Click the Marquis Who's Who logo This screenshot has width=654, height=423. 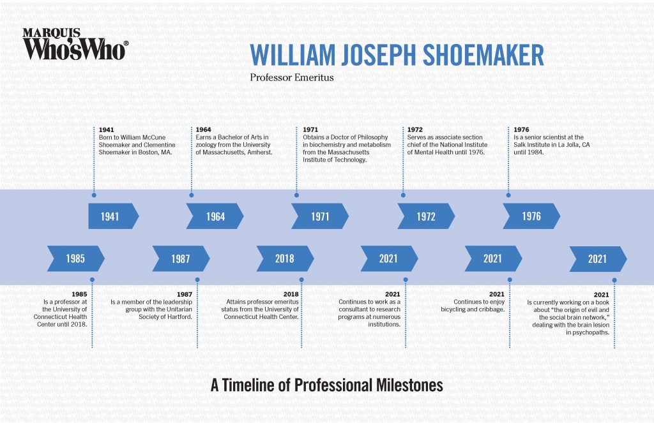[x=75, y=44]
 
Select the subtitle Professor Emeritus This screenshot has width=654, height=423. [x=283, y=78]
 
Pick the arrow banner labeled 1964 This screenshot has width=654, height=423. [x=215, y=216]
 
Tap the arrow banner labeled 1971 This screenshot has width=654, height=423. [x=320, y=216]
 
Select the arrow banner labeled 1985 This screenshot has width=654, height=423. [x=75, y=258]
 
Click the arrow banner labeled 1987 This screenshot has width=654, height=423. [x=181, y=258]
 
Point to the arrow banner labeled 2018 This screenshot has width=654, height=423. [x=285, y=258]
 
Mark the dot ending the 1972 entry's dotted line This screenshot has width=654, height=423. [x=403, y=195]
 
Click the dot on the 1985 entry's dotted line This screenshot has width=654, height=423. [x=93, y=279]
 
